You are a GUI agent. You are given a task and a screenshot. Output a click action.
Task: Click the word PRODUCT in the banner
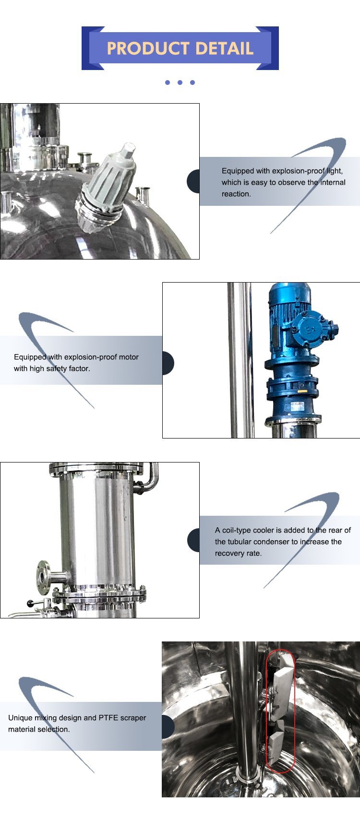coord(148,48)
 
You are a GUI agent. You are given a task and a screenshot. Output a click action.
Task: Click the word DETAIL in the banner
coord(225,48)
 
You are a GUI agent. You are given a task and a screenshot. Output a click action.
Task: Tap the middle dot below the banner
coord(180,83)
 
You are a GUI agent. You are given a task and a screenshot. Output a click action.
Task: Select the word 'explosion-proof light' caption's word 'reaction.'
coord(236,194)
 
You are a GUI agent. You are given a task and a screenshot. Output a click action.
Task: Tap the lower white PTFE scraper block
coord(277,741)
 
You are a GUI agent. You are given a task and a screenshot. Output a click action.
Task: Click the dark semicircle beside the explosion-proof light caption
coord(193,181)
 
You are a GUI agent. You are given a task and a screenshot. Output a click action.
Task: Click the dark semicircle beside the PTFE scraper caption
coord(168,727)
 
